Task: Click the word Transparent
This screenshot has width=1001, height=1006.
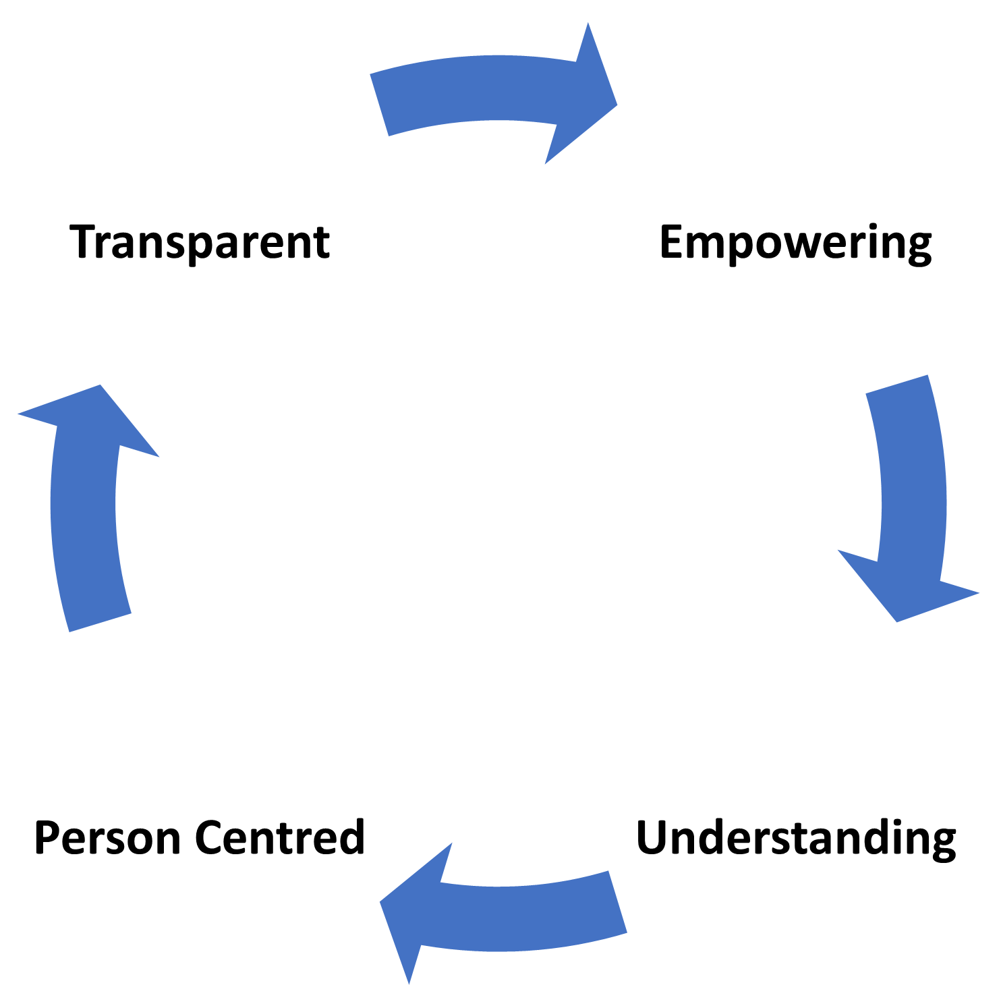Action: [x=200, y=242]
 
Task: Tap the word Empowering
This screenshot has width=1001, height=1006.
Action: [x=796, y=244]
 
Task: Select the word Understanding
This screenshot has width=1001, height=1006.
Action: [x=796, y=838]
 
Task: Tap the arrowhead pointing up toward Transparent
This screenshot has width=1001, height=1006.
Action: [x=91, y=422]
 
